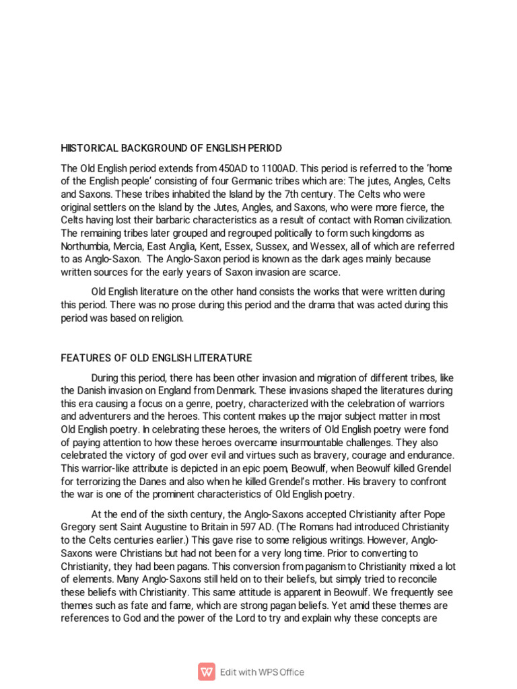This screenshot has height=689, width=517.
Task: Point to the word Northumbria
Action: pyautogui.click(x=89, y=246)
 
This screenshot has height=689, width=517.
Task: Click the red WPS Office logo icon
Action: pyautogui.click(x=206, y=672)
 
